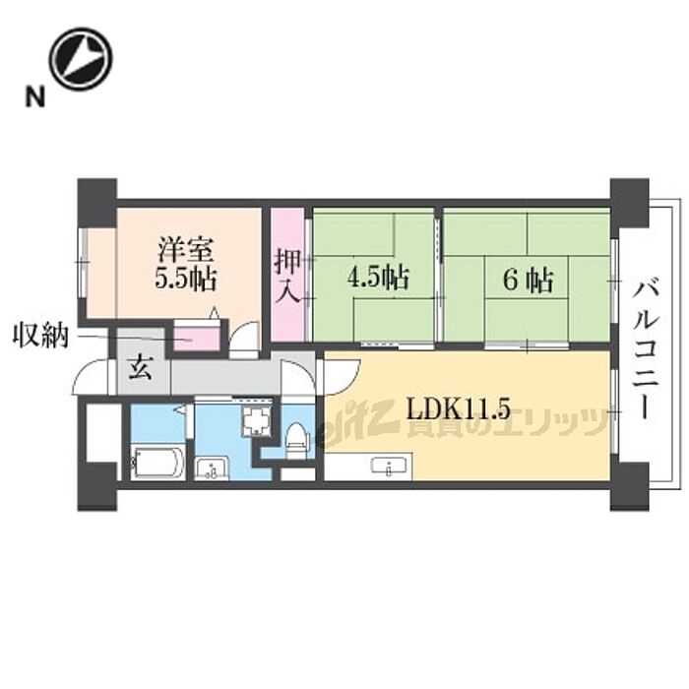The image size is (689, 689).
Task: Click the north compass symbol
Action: [81, 59]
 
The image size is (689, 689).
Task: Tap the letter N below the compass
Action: [34, 96]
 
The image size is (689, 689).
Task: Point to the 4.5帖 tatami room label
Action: [378, 278]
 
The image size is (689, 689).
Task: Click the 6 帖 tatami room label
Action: [528, 280]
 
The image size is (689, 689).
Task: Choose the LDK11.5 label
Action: [459, 409]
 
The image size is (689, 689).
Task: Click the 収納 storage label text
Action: [40, 336]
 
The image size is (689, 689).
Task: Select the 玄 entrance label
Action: [140, 369]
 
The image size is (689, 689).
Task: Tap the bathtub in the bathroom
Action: [157, 462]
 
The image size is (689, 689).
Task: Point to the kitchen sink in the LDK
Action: [389, 467]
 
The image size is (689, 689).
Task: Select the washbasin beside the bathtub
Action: [212, 468]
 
